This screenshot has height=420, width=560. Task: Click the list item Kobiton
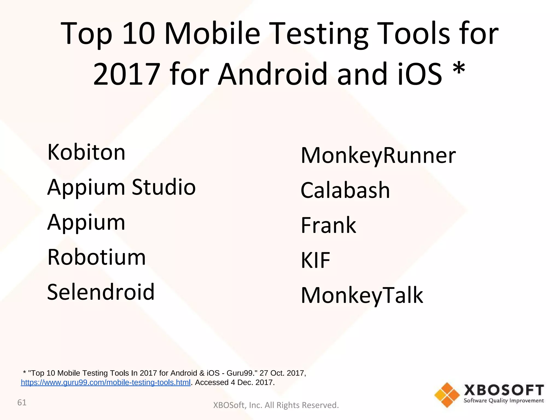[x=86, y=152]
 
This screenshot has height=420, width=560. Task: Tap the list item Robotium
[x=97, y=257]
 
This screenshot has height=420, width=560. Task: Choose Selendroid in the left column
[x=101, y=292]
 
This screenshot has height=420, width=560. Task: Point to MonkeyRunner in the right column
[x=378, y=155]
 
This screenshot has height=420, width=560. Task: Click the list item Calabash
[x=345, y=190]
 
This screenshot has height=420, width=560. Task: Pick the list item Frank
[x=328, y=225]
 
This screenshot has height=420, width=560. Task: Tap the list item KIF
[x=315, y=260]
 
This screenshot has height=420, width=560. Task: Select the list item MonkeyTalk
[x=362, y=295]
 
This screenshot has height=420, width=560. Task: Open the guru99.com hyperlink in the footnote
[x=106, y=383]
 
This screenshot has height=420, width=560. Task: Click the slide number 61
[x=22, y=402]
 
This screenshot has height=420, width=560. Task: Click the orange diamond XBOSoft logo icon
[x=447, y=395]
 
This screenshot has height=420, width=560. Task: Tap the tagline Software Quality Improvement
[x=504, y=401]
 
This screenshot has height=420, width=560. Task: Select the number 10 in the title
[x=139, y=34]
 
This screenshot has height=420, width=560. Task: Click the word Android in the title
[x=273, y=74]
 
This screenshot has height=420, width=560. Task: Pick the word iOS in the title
[x=419, y=74]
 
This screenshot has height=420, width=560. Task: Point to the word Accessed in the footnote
[x=212, y=383]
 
